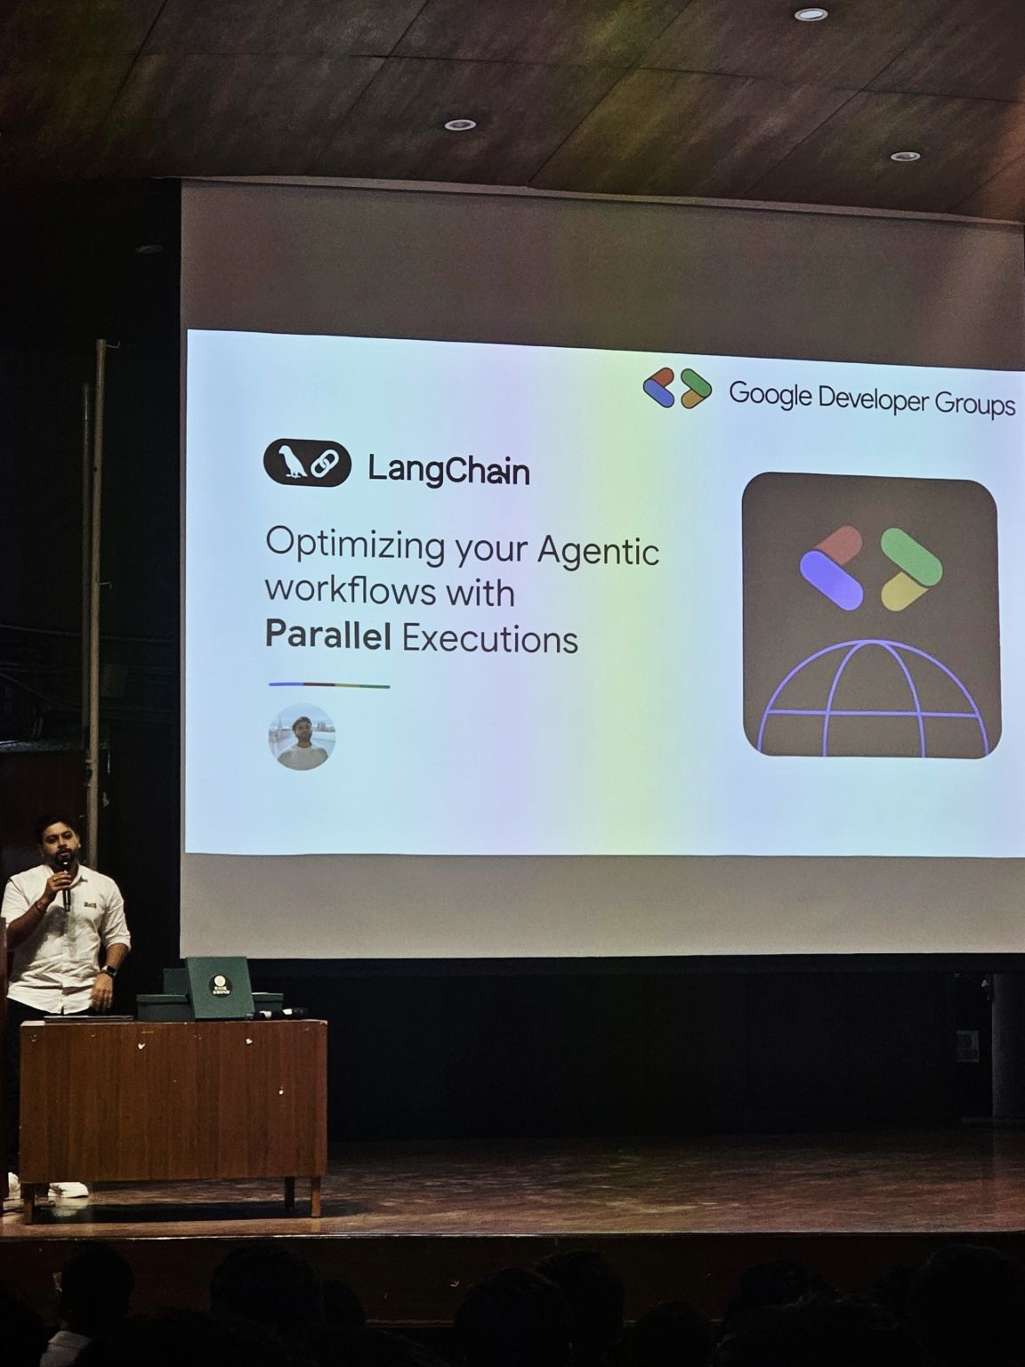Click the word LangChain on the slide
(448, 469)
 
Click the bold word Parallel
(328, 636)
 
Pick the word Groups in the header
(974, 404)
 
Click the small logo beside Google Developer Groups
(677, 388)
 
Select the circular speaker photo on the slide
(302, 737)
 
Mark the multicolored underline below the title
(329, 685)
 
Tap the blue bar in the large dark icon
(831, 580)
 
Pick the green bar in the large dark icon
(910, 556)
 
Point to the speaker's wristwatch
(109, 971)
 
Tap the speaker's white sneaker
(68, 1189)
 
